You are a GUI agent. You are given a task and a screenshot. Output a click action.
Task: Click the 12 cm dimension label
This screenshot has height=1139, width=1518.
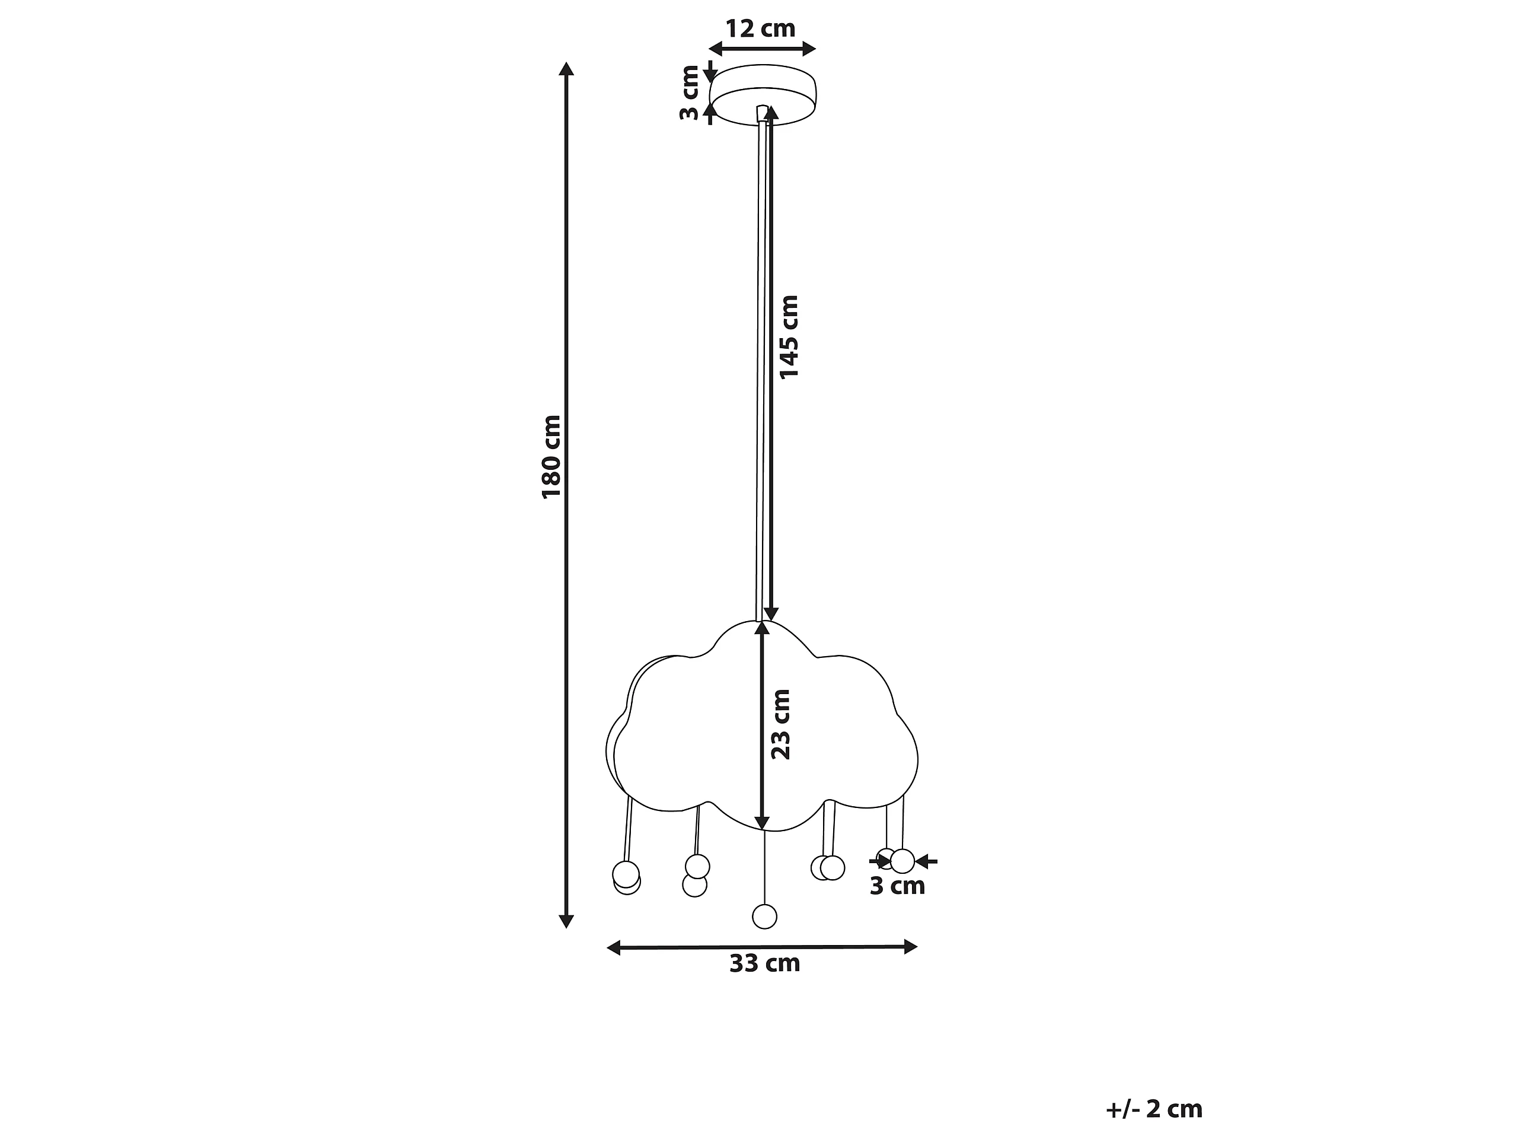pyautogui.click(x=760, y=29)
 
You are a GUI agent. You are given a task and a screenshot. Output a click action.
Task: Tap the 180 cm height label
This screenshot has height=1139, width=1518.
pyautogui.click(x=551, y=457)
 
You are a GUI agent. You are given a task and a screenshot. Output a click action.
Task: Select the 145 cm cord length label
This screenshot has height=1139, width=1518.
pyautogui.click(x=789, y=336)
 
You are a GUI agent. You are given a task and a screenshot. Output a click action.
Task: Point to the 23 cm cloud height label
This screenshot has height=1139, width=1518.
pyautogui.click(x=781, y=724)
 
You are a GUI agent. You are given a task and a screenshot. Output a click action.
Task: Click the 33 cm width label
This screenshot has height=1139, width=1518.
pyautogui.click(x=764, y=963)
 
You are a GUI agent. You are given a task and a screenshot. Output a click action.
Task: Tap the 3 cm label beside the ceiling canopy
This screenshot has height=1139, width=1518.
pyautogui.click(x=689, y=93)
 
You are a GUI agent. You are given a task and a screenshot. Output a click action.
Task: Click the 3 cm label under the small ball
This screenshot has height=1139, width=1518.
pyautogui.click(x=898, y=886)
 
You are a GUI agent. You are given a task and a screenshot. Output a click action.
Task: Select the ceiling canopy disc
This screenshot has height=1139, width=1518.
pyautogui.click(x=763, y=96)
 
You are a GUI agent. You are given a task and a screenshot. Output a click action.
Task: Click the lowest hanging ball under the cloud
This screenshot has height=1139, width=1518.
pyautogui.click(x=764, y=917)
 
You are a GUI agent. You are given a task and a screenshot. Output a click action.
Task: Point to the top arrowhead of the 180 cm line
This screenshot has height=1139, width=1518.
pyautogui.click(x=566, y=69)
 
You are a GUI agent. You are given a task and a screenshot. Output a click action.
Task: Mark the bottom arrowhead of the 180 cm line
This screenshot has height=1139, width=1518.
pyautogui.click(x=566, y=921)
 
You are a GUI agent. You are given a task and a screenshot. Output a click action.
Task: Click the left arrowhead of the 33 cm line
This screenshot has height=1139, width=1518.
pyautogui.click(x=614, y=947)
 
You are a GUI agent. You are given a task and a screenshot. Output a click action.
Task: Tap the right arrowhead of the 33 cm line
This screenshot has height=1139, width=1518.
pyautogui.click(x=911, y=947)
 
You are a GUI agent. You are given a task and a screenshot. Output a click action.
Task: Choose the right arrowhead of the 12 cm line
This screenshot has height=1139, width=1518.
pyautogui.click(x=809, y=48)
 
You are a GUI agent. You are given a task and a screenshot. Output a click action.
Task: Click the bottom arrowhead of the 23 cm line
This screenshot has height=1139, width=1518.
pyautogui.click(x=762, y=822)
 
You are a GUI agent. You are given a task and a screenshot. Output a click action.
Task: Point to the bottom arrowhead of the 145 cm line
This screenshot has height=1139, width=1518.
pyautogui.click(x=771, y=614)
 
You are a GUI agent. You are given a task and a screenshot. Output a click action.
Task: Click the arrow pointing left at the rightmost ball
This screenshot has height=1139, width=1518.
pyautogui.click(x=926, y=861)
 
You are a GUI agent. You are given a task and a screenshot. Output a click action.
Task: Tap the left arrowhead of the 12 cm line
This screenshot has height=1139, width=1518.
pyautogui.click(x=716, y=48)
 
